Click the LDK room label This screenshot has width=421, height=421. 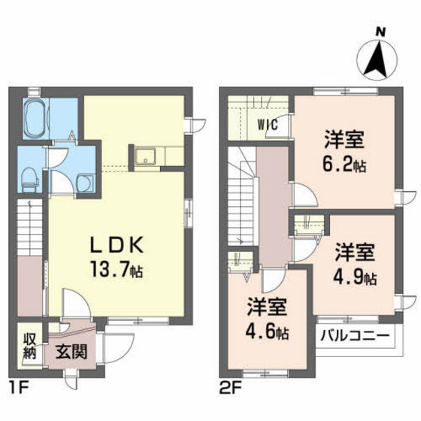point(117,245)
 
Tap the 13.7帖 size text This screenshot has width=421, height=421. point(117,269)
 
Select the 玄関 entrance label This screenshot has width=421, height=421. point(71,352)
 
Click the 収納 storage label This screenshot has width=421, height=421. point(29,347)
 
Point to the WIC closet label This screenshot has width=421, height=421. point(268,125)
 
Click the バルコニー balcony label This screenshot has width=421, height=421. point(355,335)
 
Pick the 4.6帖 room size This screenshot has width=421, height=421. point(267,332)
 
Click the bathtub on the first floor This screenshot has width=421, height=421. point(36,119)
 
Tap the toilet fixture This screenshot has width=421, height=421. point(29,179)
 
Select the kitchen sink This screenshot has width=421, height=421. point(145,156)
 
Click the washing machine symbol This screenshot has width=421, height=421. point(86,183)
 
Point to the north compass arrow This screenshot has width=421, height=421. point(377,60)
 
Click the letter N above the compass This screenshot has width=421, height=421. point(380,32)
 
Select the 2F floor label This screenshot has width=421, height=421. point(231,389)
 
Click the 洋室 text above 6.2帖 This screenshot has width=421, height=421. point(344,139)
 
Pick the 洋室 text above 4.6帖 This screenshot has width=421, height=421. point(267,307)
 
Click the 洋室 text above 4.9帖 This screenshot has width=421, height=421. point(355,252)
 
